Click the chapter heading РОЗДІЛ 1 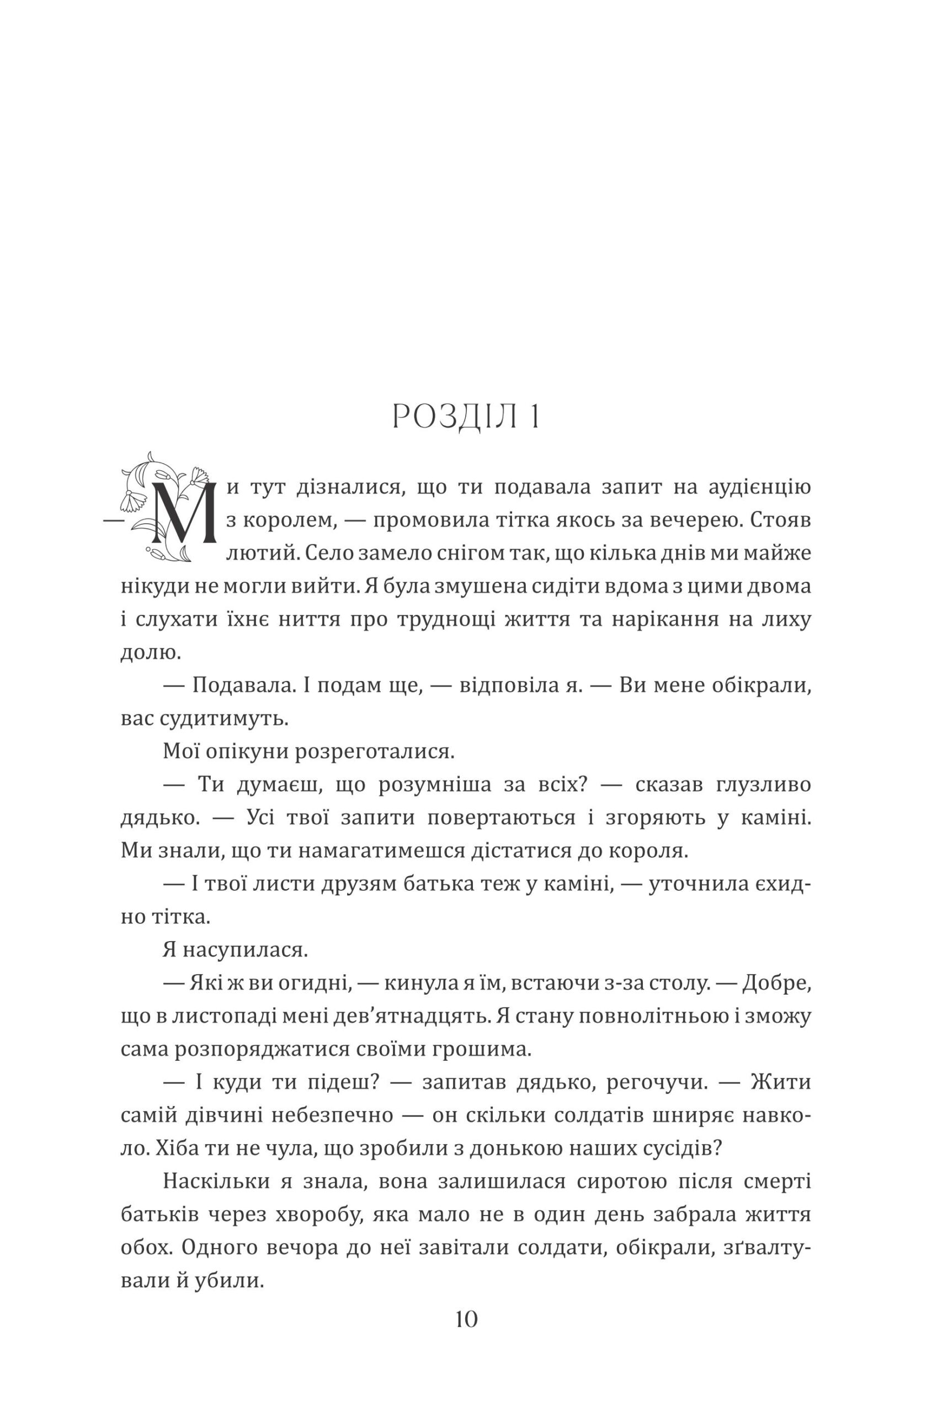point(466,418)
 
